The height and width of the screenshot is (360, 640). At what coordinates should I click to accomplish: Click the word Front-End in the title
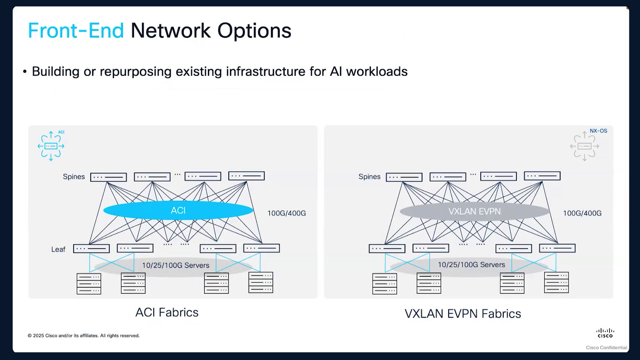[76, 31]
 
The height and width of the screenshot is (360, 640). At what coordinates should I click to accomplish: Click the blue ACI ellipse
[178, 210]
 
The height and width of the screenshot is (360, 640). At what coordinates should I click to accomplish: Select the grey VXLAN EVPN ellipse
[475, 211]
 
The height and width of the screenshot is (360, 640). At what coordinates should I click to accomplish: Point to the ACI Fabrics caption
[167, 312]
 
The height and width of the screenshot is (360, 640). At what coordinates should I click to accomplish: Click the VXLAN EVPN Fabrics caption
[463, 314]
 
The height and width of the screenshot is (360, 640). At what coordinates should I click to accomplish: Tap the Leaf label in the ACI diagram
[58, 249]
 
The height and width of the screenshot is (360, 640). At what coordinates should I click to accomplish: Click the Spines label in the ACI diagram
[74, 177]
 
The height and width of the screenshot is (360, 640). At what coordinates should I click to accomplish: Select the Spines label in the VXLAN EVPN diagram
[369, 177]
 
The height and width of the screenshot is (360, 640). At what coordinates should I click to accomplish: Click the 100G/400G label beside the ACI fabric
[287, 213]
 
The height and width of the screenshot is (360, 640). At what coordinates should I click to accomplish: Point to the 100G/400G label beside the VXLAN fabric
[582, 213]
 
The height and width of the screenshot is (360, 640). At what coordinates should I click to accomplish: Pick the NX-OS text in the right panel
[598, 131]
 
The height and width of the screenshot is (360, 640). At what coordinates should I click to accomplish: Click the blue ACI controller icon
[51, 146]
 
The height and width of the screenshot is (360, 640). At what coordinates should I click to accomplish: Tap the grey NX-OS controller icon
[584, 146]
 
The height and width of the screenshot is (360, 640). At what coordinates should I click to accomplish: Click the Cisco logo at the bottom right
[605, 333]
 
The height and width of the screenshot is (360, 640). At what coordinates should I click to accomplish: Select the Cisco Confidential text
[607, 348]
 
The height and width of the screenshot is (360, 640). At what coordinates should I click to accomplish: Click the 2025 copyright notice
[84, 336]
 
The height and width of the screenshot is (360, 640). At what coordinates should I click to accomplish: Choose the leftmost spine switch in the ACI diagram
[109, 177]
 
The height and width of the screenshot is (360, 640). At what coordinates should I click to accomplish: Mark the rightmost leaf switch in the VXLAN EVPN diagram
[557, 248]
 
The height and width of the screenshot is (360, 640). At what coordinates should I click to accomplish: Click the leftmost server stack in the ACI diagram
[89, 284]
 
